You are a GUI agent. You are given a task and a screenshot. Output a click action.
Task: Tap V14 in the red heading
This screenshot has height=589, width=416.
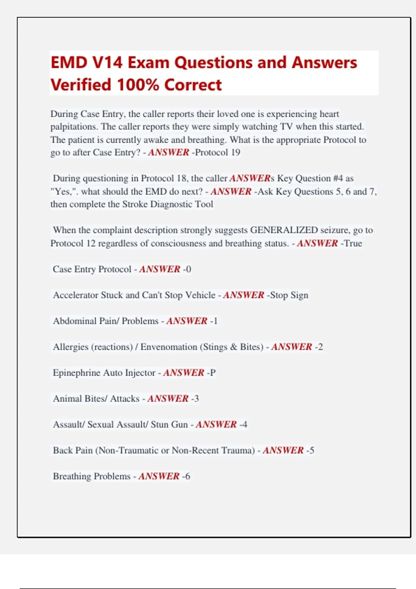click(x=107, y=63)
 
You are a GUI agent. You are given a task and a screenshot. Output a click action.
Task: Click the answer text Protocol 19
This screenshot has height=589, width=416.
click(x=218, y=152)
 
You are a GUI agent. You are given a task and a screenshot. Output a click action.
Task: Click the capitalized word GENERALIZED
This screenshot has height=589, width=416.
click(x=284, y=230)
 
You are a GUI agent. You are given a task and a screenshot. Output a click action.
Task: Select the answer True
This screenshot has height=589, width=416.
click(x=353, y=243)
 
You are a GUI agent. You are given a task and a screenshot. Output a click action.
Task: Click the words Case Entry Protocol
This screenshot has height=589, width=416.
click(x=92, y=269)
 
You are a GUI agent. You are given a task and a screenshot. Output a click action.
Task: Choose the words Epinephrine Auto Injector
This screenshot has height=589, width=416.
click(x=104, y=373)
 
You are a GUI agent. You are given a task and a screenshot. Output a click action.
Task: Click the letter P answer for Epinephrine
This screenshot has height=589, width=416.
click(x=213, y=373)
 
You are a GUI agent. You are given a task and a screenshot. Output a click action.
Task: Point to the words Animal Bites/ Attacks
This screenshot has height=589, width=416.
click(x=96, y=399)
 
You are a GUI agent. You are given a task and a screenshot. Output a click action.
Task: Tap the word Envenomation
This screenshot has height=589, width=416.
click(x=168, y=347)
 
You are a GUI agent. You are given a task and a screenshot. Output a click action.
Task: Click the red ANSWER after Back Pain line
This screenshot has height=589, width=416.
click(x=283, y=450)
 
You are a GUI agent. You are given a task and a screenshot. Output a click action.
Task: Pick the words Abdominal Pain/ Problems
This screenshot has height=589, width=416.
click(x=105, y=321)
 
